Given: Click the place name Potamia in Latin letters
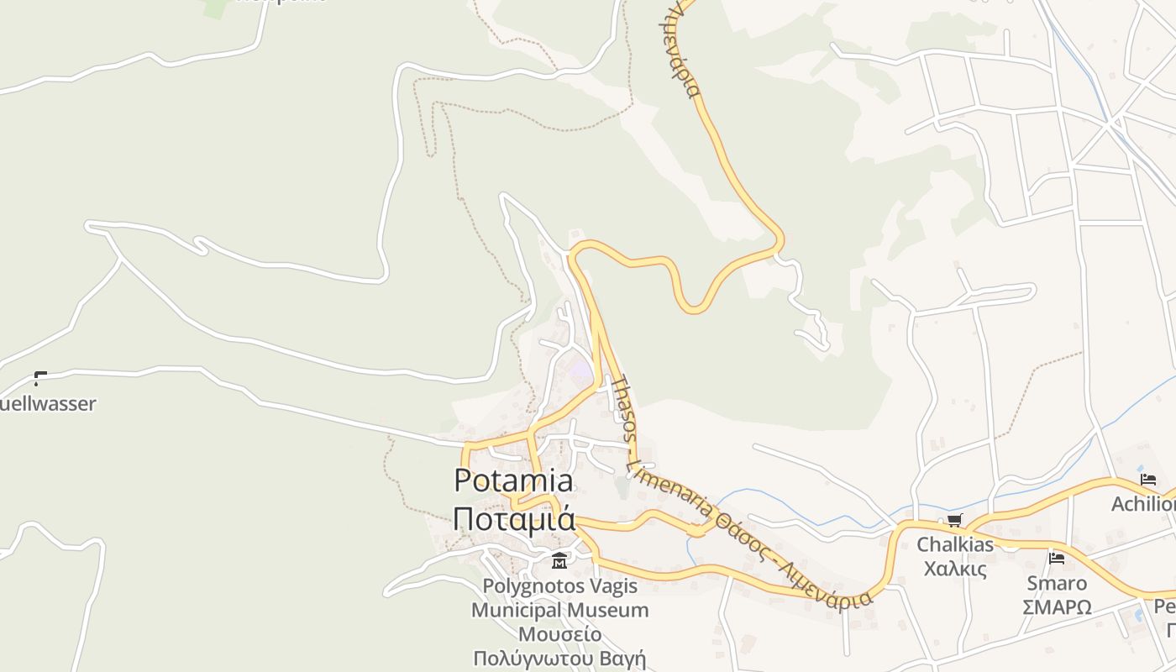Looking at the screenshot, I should coord(513,480).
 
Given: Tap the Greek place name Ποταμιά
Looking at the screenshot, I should coord(513,518).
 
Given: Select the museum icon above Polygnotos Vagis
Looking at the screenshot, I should coord(559,560).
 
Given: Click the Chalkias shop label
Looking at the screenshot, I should coord(955,544).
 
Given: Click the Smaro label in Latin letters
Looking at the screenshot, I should coord(1057,583).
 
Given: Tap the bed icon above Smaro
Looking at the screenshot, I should coord(1057,559).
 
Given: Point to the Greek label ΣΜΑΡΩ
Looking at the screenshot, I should coord(1057,606).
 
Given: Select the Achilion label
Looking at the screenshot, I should coord(1143,504).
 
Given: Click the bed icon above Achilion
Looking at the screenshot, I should coord(1148,480).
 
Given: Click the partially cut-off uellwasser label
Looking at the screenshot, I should coord(48,404).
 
